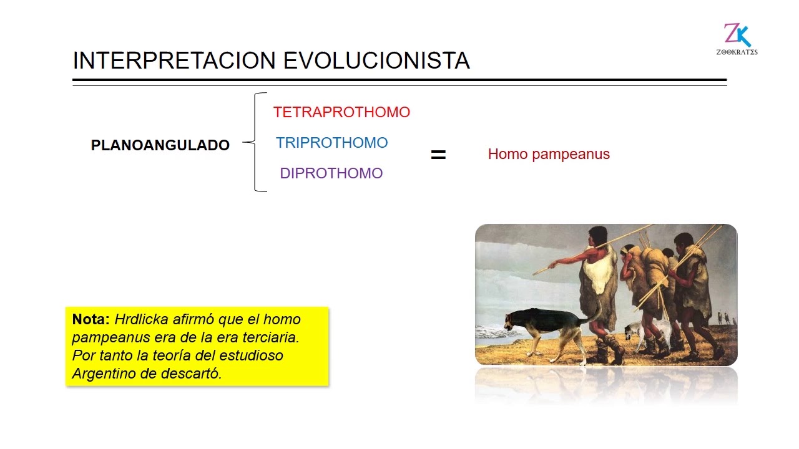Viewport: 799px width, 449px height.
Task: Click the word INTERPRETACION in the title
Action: pyautogui.click(x=175, y=60)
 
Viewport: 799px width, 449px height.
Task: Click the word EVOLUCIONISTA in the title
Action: pyautogui.click(x=376, y=60)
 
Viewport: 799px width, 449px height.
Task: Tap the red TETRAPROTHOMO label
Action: pyautogui.click(x=341, y=112)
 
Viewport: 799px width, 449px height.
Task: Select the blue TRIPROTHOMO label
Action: pyautogui.click(x=331, y=143)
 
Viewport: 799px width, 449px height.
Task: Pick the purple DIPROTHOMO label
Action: pyautogui.click(x=331, y=173)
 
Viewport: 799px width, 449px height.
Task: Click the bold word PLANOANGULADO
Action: pyautogui.click(x=160, y=145)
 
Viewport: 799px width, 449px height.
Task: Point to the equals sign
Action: pyautogui.click(x=438, y=155)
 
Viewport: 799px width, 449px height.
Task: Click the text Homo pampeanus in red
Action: pyautogui.click(x=549, y=154)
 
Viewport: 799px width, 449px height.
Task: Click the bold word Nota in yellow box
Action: pyautogui.click(x=91, y=319)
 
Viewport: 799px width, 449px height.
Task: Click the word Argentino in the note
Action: pyautogui.click(x=100, y=374)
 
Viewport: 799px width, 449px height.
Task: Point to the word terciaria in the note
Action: pyautogui.click(x=268, y=337)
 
